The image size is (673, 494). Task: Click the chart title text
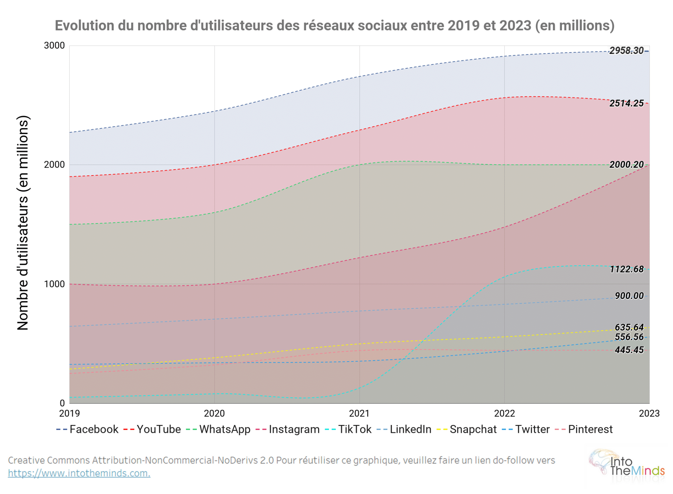pos(334,26)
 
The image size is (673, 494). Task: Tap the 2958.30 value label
pos(626,51)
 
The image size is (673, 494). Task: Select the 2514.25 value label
pos(626,103)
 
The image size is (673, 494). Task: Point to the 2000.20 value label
pos(626,164)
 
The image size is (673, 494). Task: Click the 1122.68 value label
pos(626,269)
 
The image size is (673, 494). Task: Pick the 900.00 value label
pos(629,296)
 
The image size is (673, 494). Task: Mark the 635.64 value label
pos(629,327)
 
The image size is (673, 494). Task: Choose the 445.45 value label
pos(629,350)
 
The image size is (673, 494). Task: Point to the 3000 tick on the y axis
pos(54,45)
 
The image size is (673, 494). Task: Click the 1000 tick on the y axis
pos(54,284)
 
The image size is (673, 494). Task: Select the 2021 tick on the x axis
pos(359,413)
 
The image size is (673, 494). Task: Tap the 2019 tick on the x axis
pos(69,413)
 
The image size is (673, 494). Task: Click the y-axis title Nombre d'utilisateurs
pos(23,223)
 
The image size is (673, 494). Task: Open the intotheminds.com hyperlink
pos(79,473)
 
